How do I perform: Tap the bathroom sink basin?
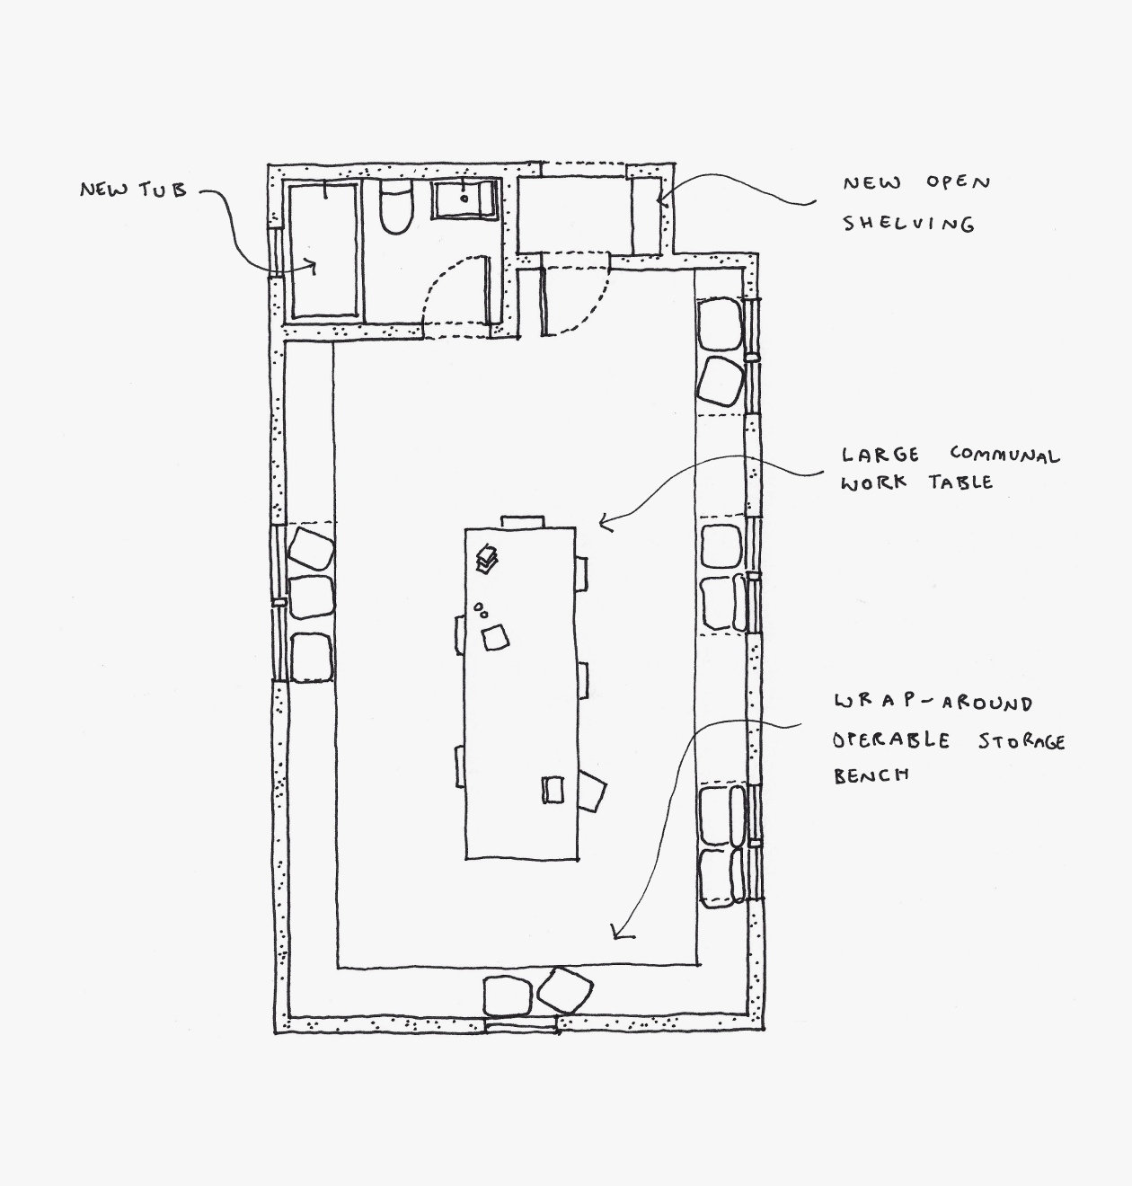pos(464,199)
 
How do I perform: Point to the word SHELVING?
pos(907,223)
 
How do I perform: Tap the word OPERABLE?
pos(890,740)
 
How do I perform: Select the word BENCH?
pos(871,775)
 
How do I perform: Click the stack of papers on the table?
pos(487,558)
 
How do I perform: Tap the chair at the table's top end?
pos(522,521)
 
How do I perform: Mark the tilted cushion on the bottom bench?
pos(564,991)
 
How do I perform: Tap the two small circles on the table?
pos(481,611)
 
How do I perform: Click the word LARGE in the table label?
pos(880,455)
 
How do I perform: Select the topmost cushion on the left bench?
pos(311,548)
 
